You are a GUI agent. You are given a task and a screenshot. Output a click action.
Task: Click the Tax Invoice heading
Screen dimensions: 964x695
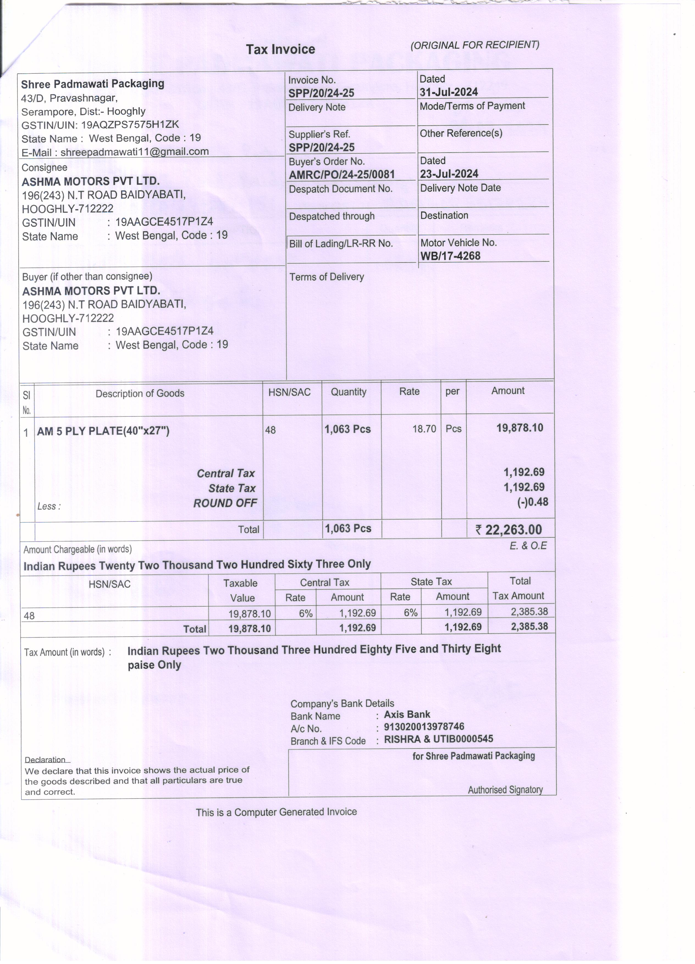(280, 49)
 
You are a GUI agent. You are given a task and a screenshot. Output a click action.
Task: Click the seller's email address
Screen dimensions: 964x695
(134, 152)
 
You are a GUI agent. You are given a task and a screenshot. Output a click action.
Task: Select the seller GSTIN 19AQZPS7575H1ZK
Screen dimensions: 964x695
(130, 125)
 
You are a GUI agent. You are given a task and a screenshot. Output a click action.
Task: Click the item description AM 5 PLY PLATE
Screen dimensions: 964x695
(103, 431)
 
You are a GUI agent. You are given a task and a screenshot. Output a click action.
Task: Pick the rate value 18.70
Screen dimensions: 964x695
(424, 429)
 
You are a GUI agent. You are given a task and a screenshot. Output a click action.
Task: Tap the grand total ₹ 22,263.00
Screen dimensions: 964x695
(509, 530)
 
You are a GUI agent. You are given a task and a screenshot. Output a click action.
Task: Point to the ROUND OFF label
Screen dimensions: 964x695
(225, 503)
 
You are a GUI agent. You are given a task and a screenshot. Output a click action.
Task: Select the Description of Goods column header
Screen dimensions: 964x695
(140, 394)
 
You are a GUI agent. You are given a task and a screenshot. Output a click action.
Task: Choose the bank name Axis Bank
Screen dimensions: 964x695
(407, 714)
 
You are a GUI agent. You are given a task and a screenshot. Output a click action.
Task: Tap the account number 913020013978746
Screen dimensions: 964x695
(424, 727)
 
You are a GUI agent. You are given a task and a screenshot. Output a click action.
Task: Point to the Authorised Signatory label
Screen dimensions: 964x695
(505, 790)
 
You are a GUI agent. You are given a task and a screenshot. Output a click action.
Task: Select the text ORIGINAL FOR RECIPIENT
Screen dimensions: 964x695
(475, 45)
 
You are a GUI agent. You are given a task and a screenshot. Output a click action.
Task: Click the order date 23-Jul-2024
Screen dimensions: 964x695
(449, 174)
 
